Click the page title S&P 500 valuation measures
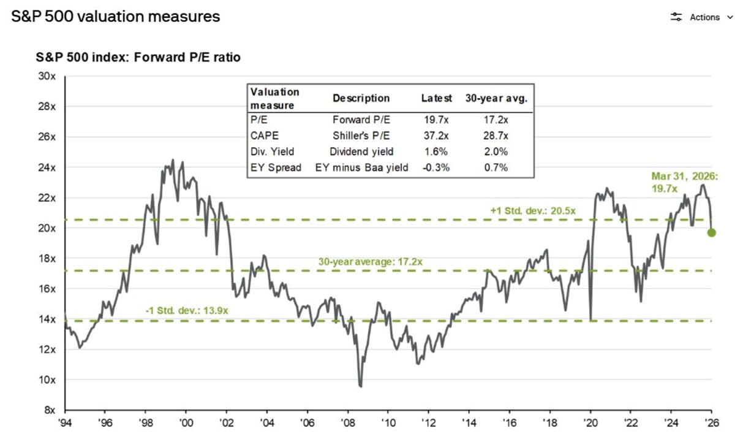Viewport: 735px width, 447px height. pos(116,17)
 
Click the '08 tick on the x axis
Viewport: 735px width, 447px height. pos(347,422)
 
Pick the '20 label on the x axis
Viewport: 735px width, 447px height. pos(590,422)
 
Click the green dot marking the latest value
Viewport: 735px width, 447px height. pos(711,232)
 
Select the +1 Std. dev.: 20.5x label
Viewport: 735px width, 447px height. pos(533,211)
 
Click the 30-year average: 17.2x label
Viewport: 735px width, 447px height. pos(370,262)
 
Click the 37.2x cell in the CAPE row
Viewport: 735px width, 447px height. pos(436,136)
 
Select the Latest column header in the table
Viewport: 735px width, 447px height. pos(437,98)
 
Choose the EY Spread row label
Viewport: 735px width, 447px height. pos(276,167)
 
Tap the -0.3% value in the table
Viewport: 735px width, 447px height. pos(436,167)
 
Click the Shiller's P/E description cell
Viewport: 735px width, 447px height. pos(361,136)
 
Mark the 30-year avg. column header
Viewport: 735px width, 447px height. pos(496,98)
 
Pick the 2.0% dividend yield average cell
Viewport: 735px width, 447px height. pos(496,151)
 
